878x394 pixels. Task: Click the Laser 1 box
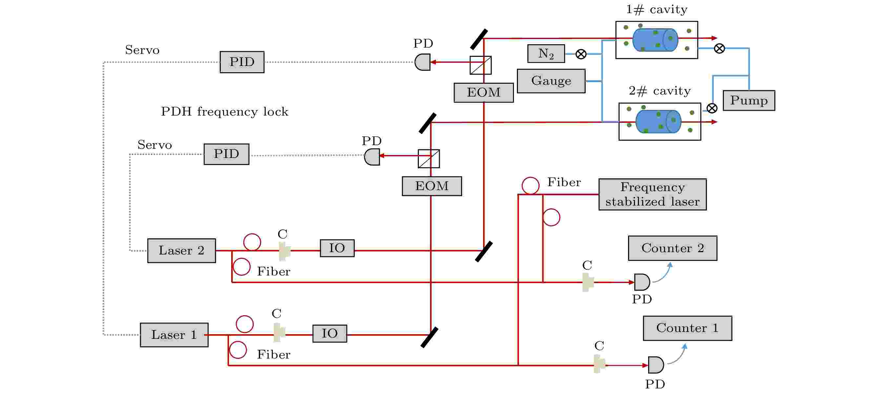pos(174,335)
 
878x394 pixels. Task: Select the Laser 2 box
pos(182,251)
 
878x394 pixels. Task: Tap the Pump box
pos(749,100)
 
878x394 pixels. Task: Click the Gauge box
pos(551,81)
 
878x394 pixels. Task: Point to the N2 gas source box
pos(546,53)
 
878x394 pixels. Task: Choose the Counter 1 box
pos(687,328)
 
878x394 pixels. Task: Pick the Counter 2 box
pos(672,248)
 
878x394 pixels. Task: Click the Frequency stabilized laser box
pos(652,194)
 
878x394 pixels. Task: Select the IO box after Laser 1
pos(330,333)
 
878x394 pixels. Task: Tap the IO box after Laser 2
pos(337,248)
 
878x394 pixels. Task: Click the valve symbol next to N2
pos(581,54)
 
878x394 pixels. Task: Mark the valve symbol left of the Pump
pos(712,108)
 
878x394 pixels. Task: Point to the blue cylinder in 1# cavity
pos(655,40)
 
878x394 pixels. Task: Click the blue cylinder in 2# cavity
pos(658,121)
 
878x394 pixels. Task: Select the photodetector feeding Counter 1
pos(656,365)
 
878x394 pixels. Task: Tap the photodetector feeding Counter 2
pos(642,282)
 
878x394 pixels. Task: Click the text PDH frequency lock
pos(225,112)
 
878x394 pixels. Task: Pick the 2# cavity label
pos(660,91)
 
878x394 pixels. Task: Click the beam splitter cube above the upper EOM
pos(480,65)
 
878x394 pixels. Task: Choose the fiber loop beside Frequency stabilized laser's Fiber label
pos(530,186)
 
